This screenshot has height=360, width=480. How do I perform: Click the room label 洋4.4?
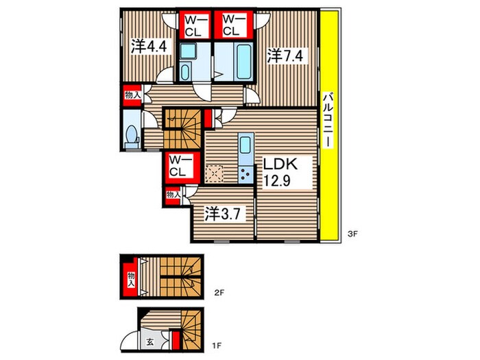(149, 47)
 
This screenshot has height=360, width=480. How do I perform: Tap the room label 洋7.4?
(285, 56)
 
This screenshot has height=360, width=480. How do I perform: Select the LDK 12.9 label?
(280, 173)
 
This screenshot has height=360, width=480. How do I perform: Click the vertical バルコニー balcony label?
(328, 120)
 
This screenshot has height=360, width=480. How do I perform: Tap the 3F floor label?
(353, 235)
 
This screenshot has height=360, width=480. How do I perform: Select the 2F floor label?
(219, 293)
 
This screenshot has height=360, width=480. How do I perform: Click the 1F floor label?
(217, 346)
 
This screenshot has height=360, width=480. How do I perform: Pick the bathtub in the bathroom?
(244, 62)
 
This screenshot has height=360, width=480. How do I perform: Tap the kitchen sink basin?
(245, 145)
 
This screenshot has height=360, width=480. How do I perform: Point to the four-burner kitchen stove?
(245, 174)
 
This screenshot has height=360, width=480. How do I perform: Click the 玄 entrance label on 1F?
(149, 342)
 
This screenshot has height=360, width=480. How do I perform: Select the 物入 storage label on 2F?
(131, 280)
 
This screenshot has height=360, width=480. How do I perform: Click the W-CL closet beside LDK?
(181, 166)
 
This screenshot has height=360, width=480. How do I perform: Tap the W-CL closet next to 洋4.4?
(195, 26)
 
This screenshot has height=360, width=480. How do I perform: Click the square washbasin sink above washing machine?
(186, 51)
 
